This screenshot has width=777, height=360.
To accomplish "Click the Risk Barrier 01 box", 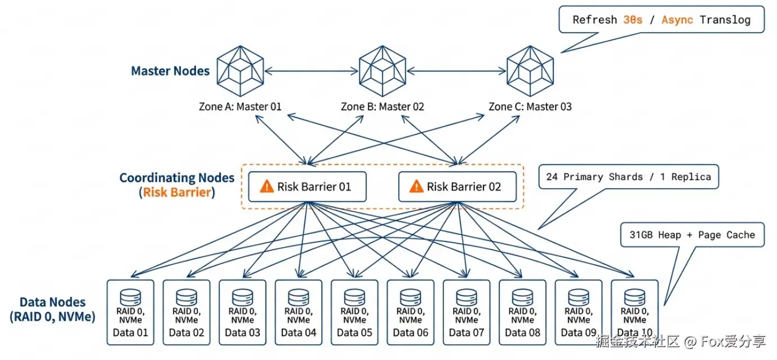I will tap(307, 187).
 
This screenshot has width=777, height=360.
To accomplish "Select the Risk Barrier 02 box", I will tap(457, 187).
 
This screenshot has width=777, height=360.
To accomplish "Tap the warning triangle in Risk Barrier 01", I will tap(267, 186).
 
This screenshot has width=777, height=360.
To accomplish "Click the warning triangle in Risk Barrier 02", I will tap(416, 186).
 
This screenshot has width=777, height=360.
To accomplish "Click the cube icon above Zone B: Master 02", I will tap(383, 71).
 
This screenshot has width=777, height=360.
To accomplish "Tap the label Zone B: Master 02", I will tap(383, 106).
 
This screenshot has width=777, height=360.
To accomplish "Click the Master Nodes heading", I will tap(170, 71).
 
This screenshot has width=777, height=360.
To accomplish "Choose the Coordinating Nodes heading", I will tap(176, 178).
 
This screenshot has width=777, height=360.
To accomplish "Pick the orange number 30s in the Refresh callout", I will tap(633, 20).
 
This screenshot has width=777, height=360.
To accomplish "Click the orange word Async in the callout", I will tap(678, 20).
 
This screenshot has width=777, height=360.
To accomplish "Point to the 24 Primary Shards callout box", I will tap(628, 177).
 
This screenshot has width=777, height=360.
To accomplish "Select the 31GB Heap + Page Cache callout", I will tap(692, 235).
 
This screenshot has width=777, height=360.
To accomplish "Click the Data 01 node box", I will tap(130, 312).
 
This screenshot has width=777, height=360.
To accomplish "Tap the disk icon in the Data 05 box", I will tap(354, 297).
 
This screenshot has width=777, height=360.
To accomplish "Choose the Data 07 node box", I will tap(467, 312).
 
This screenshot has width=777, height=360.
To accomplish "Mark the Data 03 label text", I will tap(242, 332).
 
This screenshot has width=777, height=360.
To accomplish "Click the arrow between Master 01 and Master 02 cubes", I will tap(312, 71).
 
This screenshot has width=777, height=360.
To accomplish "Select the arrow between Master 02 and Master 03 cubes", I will tap(456, 71).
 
